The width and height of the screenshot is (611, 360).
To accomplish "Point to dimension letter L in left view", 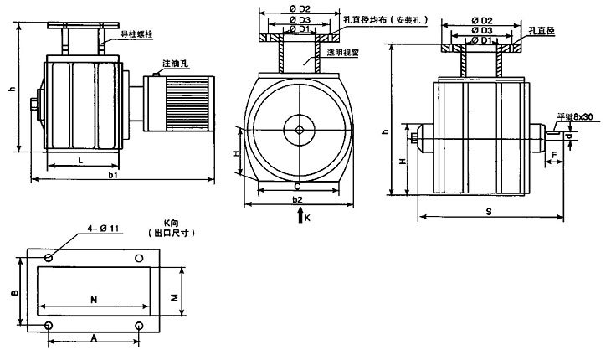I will (80, 159).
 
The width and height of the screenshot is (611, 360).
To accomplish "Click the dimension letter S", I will (488, 213).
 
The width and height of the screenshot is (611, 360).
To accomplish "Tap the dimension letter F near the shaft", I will (555, 156).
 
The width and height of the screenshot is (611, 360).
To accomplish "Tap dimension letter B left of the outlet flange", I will (14, 293).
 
